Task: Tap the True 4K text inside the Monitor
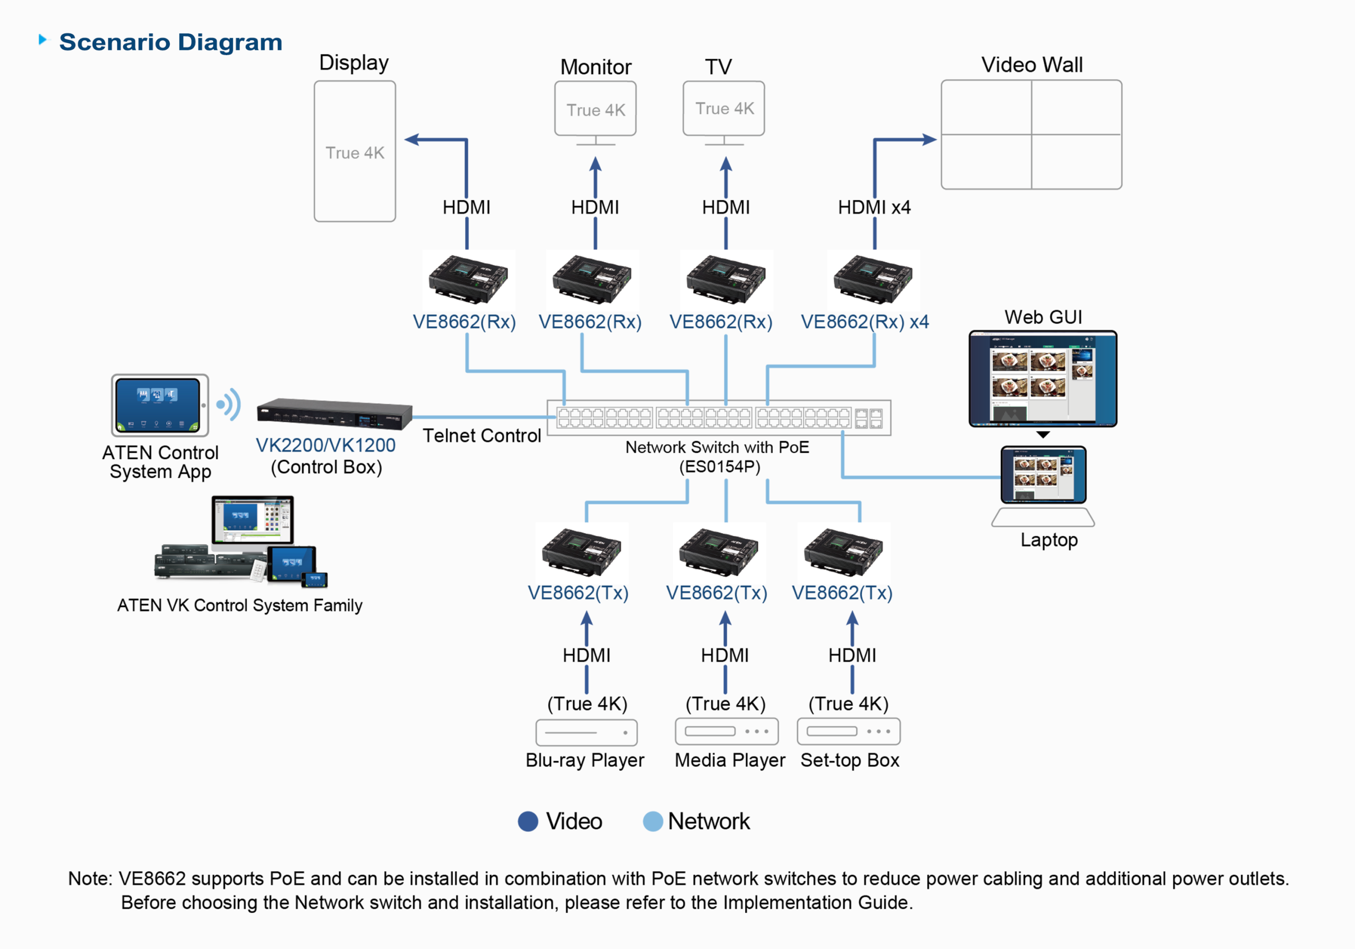coord(595,111)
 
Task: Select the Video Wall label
coord(1031,65)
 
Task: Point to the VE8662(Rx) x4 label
coord(864,322)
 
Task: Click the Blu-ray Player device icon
coord(586,732)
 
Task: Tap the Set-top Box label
coord(849,760)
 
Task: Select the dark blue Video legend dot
coord(528,821)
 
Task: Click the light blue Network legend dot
coord(652,821)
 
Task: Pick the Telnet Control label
coord(482,436)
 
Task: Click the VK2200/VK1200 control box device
coord(334,414)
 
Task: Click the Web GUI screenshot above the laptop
coord(1042,379)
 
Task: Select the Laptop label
coord(1048,540)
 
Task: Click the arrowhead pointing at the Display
coord(411,140)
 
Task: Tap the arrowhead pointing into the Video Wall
coord(929,140)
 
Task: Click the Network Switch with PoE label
coord(717,447)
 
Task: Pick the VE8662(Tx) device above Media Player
coord(719,551)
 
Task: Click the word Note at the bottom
coord(89,879)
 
